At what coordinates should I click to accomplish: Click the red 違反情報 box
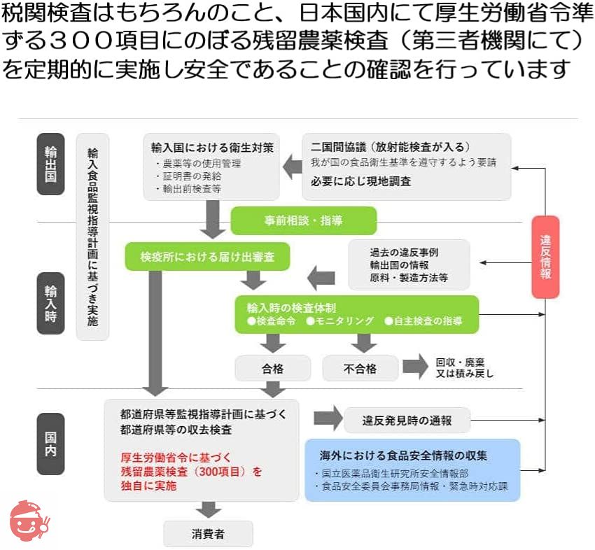point(545,257)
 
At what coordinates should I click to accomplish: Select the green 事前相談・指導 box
point(303,220)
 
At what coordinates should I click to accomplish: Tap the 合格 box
point(273,368)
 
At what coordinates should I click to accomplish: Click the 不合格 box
point(360,368)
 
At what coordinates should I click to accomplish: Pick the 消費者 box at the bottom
point(208,533)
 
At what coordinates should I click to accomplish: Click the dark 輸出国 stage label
point(50,163)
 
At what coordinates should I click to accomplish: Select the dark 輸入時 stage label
point(50,300)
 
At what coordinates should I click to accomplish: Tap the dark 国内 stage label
point(50,444)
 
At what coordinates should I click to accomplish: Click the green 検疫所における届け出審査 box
point(206,257)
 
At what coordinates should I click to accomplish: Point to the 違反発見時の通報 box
point(407,421)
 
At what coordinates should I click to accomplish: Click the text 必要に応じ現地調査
point(361,181)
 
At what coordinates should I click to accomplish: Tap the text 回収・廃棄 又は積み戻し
point(465,367)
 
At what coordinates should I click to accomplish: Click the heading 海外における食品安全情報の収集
point(403,456)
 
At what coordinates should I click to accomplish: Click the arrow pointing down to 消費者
point(208,509)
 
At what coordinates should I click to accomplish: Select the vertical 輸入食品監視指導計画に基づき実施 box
point(92,237)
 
